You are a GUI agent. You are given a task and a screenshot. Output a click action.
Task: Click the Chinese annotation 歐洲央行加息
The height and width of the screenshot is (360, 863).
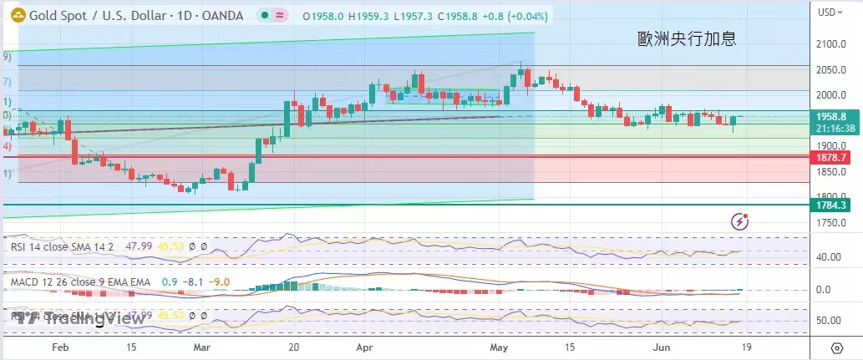click(x=687, y=38)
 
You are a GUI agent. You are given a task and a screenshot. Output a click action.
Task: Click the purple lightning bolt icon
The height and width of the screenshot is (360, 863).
click(x=739, y=221)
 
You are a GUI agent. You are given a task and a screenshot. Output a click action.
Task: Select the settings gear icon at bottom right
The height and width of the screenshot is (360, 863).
click(x=836, y=347)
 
